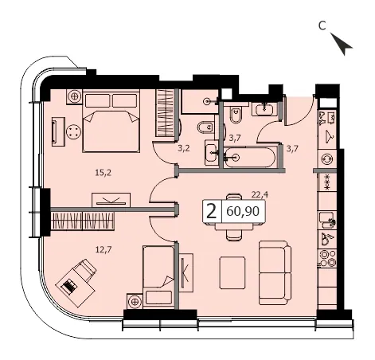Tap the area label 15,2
[x=104, y=173]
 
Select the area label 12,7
[x=104, y=249]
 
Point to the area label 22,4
[x=260, y=195]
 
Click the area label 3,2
[x=184, y=148]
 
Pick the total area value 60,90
[x=243, y=212]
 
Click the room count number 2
[x=211, y=212]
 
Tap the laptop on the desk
[x=69, y=286]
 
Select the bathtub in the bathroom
[x=248, y=158]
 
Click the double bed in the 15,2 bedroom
[x=111, y=121]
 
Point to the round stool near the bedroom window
[x=73, y=131]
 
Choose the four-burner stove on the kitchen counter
[x=327, y=258]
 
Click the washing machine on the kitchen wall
[x=326, y=159]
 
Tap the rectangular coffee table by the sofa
[x=232, y=272]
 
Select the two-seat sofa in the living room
[x=275, y=272]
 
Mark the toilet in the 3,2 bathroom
[x=205, y=127]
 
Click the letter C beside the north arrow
[x=322, y=25]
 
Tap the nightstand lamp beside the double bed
[x=75, y=96]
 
